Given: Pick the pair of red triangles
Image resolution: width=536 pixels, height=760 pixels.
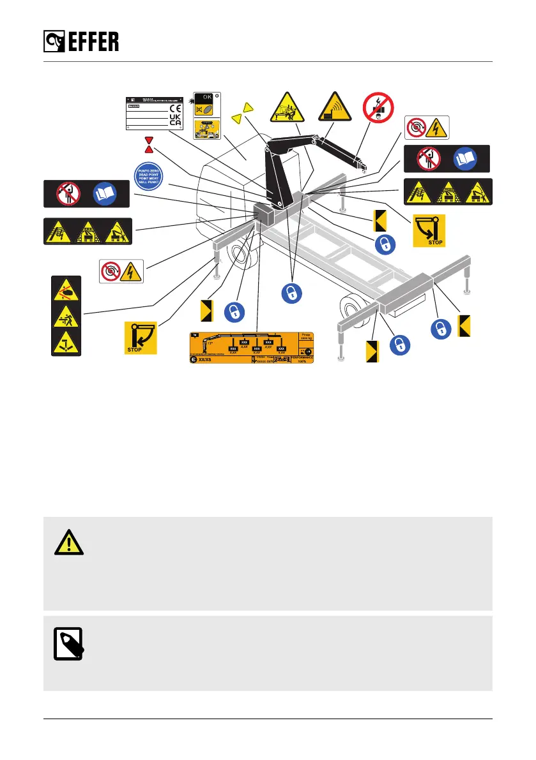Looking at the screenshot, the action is click(x=149, y=144).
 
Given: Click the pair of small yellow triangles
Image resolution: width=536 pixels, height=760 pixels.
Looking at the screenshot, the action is click(x=243, y=112).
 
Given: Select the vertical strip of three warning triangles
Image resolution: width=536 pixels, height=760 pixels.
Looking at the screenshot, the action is click(x=66, y=316).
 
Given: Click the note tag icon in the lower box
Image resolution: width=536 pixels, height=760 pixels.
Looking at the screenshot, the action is click(x=70, y=643).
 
